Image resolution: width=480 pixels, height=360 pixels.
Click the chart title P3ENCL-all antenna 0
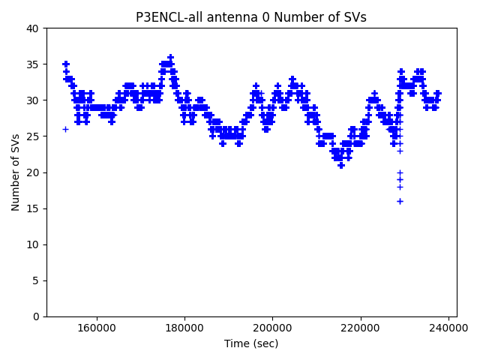click(250, 17)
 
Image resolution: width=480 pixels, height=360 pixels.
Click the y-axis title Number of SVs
click(16, 172)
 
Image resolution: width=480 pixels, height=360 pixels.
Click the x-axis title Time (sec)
click(250, 343)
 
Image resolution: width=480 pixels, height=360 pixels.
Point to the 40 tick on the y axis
click(33, 28)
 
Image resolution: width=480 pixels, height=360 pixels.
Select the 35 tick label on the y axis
click(33, 64)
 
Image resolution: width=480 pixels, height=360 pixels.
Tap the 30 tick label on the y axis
click(33, 100)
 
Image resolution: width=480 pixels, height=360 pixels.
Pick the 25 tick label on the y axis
click(33, 136)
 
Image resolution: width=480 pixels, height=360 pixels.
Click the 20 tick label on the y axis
click(33, 172)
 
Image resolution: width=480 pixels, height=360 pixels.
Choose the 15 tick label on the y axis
click(33, 208)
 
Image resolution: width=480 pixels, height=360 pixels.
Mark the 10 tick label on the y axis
click(33, 244)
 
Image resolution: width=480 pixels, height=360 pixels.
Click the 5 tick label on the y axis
click(36, 280)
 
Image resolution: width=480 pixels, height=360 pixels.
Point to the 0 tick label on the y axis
click(36, 316)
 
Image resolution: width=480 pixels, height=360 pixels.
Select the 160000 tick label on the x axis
click(96, 328)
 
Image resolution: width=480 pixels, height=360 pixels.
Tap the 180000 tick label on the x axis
click(184, 328)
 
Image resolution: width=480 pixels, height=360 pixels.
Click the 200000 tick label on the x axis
click(272, 328)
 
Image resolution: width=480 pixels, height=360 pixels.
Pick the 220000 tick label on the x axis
click(361, 328)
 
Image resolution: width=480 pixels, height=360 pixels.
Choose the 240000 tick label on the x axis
click(449, 328)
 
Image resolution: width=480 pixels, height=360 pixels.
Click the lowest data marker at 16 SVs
click(400, 201)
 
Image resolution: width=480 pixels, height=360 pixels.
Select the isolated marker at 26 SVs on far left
click(65, 129)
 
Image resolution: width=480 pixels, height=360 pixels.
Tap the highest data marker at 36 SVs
click(170, 57)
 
